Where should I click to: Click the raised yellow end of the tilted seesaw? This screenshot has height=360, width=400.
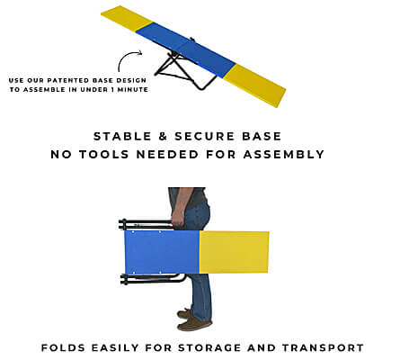tap(127, 18)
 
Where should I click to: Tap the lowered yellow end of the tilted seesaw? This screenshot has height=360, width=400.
tap(254, 85)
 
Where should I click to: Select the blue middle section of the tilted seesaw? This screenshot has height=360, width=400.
tap(186, 49)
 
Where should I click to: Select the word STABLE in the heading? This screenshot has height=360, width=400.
tap(122, 136)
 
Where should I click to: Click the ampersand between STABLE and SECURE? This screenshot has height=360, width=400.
tap(163, 136)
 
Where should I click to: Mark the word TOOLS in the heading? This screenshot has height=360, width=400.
tap(104, 154)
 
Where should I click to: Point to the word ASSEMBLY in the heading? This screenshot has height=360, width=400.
tap(284, 154)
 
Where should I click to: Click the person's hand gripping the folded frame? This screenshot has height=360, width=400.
tap(178, 219)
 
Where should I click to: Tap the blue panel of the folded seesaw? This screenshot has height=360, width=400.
tap(162, 252)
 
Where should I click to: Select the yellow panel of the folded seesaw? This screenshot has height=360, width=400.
tap(234, 252)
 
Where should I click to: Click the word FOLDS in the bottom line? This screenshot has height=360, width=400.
tap(63, 347)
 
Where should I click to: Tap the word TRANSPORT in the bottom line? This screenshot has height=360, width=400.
tap(323, 347)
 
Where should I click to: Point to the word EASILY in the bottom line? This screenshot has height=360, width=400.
tap(115, 347)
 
